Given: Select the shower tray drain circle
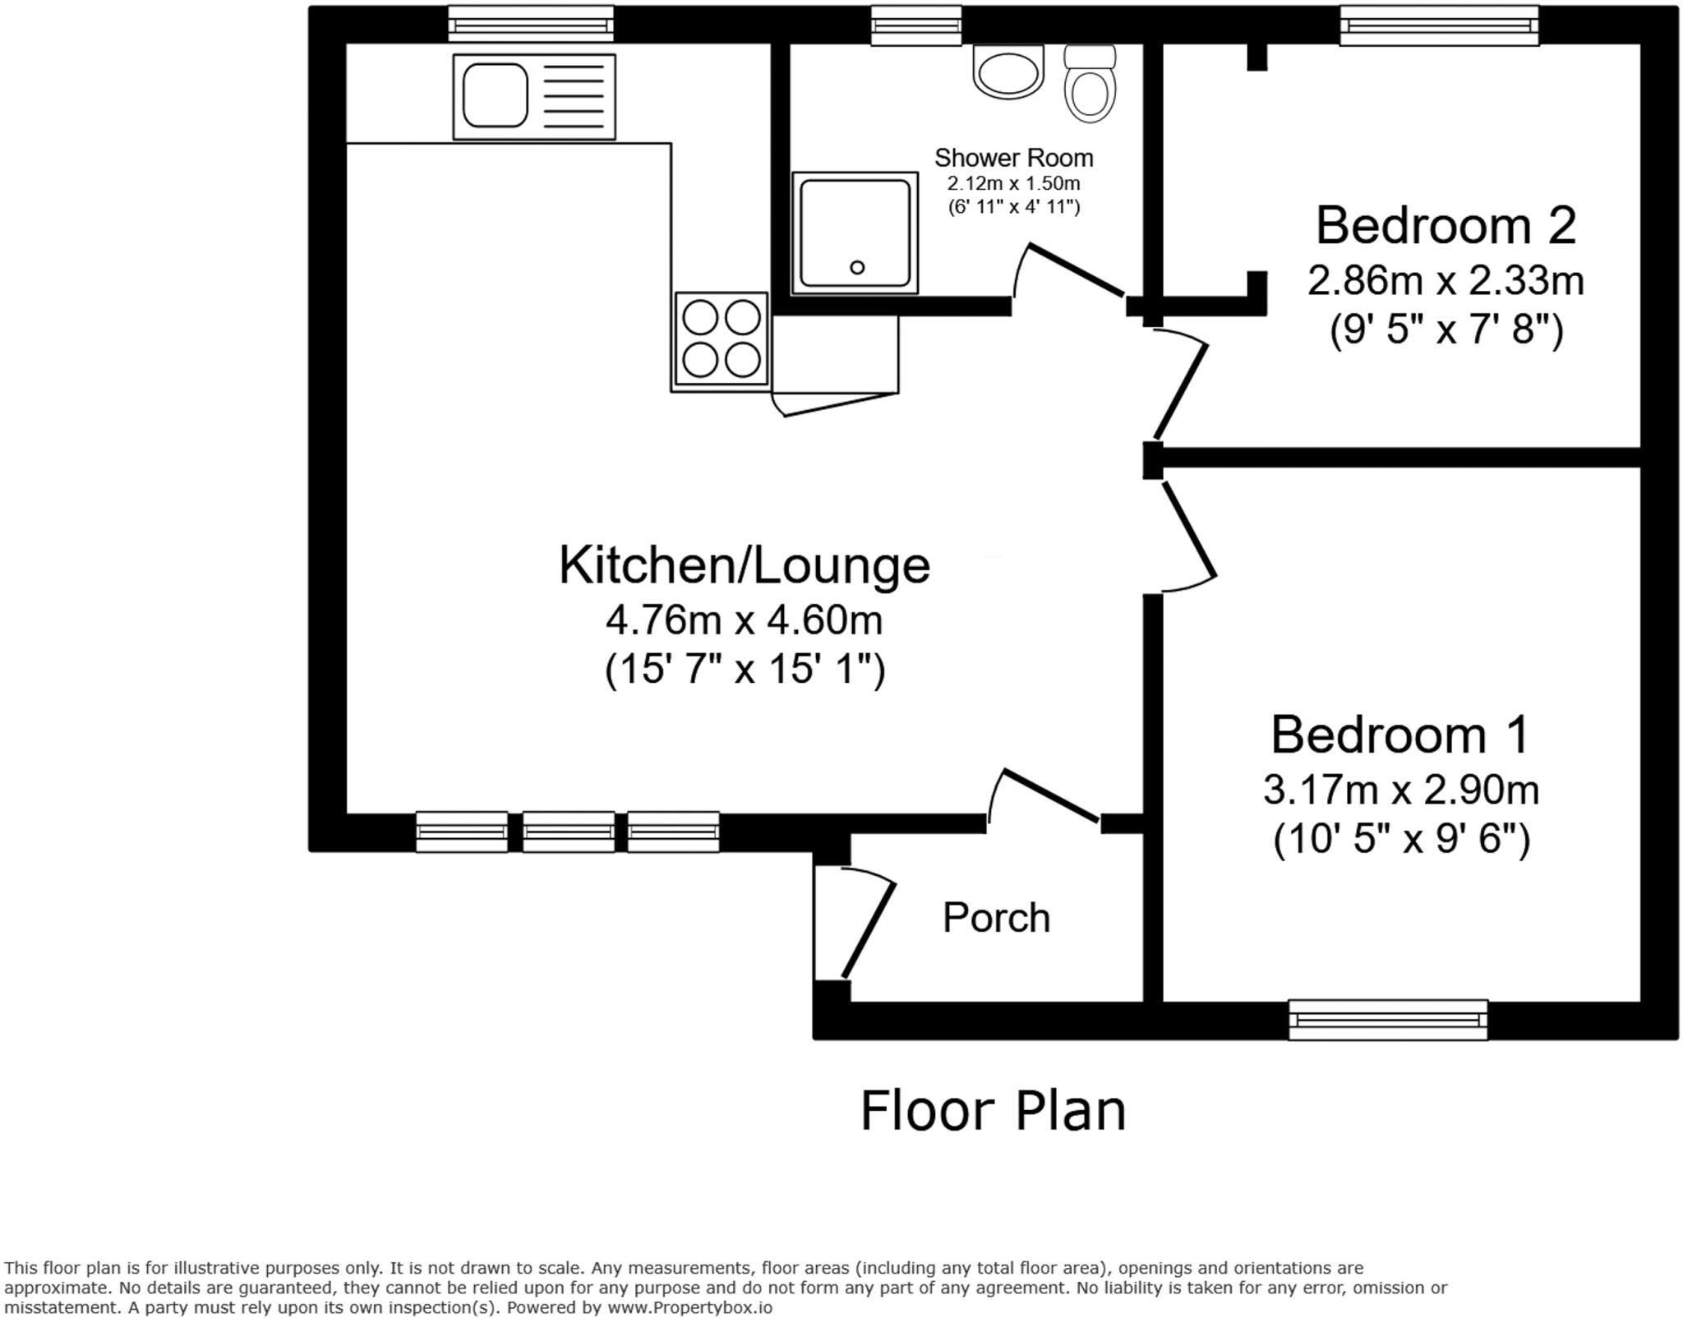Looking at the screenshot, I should click(x=857, y=267).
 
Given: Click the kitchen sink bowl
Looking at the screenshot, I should click(x=495, y=95).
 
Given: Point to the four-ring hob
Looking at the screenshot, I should click(x=722, y=339).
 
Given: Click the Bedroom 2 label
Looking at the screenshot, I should click(x=1446, y=225).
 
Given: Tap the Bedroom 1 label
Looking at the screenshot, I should click(x=1399, y=734).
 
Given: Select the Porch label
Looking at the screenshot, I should click(x=996, y=918).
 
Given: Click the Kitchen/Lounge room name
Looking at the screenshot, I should click(x=744, y=565).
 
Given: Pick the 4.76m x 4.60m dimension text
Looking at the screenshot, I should click(x=744, y=620).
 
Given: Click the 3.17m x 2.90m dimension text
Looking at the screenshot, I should click(x=1400, y=790).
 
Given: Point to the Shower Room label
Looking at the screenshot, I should click(x=1013, y=158).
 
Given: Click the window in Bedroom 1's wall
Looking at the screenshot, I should click(x=1388, y=1020).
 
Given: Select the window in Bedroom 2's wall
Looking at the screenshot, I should click(x=1439, y=25).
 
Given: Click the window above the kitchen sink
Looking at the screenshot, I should click(x=531, y=24).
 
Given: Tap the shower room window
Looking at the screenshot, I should click(x=916, y=25).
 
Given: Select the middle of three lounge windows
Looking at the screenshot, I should click(x=568, y=832).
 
